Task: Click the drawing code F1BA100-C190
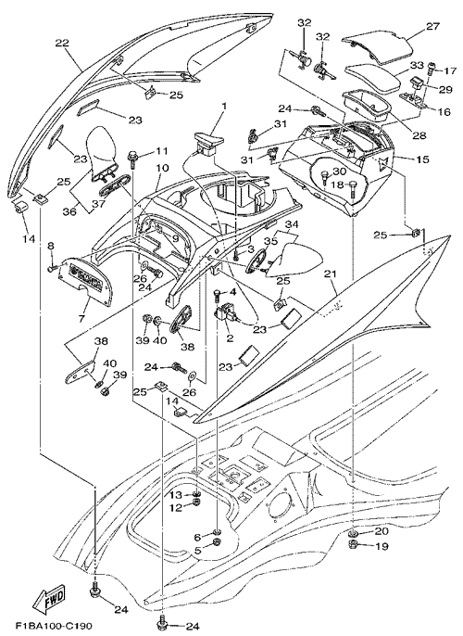pyautogui.click(x=54, y=626)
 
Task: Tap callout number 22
pyautogui.click(x=62, y=43)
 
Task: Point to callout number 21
pyautogui.click(x=331, y=274)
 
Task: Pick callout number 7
pyautogui.click(x=81, y=319)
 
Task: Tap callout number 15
pyautogui.click(x=421, y=159)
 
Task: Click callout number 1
pyautogui.click(x=224, y=108)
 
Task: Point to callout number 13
pyautogui.click(x=176, y=495)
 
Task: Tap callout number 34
pyautogui.click(x=292, y=223)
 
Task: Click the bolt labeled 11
pyautogui.click(x=132, y=159)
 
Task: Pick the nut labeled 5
pyautogui.click(x=217, y=542)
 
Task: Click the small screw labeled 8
pyautogui.click(x=52, y=268)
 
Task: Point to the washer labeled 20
pyautogui.click(x=354, y=532)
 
